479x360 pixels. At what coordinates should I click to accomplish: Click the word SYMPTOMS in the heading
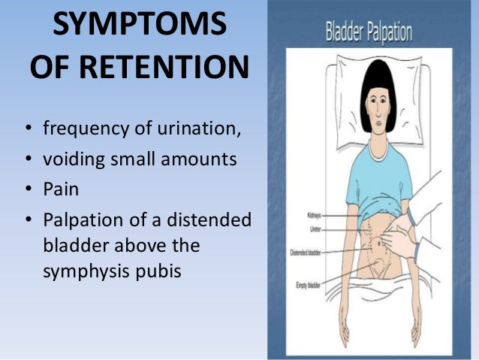pos(139,29)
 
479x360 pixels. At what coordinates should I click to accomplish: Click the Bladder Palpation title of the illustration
pos(368,34)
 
